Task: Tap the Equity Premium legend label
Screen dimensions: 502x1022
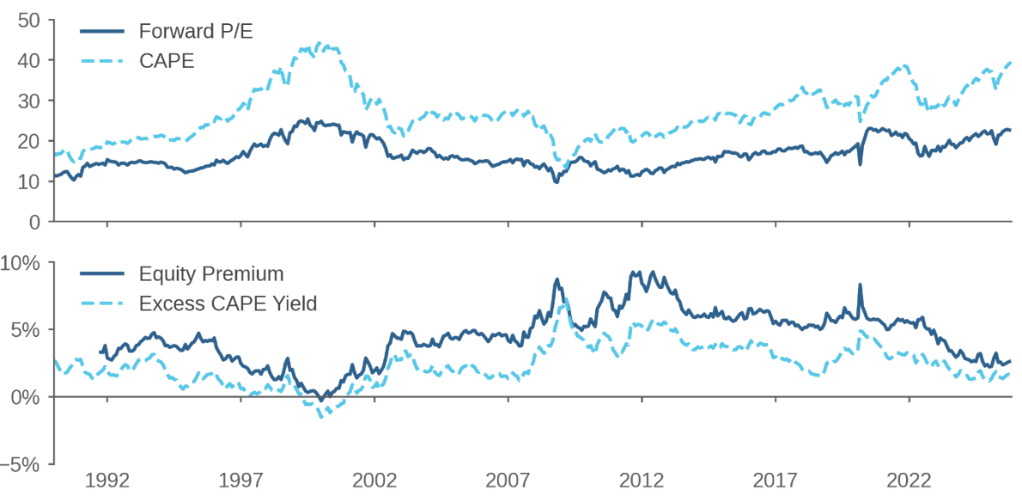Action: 210,274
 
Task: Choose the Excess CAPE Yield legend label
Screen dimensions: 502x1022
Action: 228,303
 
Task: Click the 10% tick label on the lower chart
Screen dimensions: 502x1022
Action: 21,262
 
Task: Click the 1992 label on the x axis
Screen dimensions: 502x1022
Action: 107,480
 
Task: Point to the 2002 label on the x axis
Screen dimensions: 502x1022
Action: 375,480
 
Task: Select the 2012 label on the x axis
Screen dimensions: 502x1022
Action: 642,480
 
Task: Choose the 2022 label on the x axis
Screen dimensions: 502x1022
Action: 910,480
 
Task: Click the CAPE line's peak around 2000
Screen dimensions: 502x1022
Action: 319,43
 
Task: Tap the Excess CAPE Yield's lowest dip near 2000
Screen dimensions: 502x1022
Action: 321,417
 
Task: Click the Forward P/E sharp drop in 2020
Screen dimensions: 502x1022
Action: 860,163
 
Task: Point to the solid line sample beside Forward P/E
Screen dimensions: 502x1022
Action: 103,32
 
